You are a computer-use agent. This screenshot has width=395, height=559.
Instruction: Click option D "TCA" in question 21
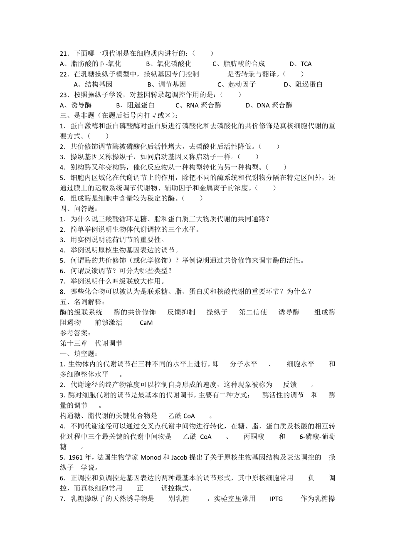(x=301, y=64)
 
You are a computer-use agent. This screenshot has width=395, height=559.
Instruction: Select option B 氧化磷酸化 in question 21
(x=169, y=64)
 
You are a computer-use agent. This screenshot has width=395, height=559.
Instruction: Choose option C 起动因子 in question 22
(x=237, y=84)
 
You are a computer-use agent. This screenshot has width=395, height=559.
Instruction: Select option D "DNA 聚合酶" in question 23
(x=269, y=105)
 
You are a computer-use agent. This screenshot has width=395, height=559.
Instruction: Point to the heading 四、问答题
(x=79, y=209)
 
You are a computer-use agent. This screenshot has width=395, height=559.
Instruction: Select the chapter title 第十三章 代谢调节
(x=91, y=343)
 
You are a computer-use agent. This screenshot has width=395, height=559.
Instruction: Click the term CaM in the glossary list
(x=146, y=323)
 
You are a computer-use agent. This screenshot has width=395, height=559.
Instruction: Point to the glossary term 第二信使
(x=253, y=312)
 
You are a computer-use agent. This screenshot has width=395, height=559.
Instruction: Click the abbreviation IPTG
(x=276, y=499)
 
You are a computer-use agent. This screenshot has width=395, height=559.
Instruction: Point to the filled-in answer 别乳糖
(x=179, y=499)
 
